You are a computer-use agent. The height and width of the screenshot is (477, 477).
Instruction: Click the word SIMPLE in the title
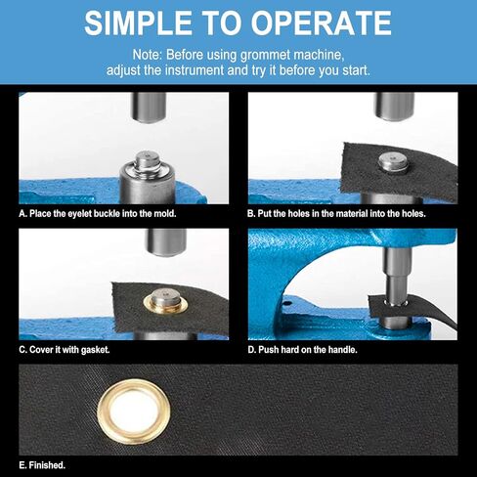[x=138, y=22]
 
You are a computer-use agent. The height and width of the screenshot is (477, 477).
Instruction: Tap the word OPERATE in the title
[x=321, y=22]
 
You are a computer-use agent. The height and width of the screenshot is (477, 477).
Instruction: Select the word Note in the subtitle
[x=147, y=55]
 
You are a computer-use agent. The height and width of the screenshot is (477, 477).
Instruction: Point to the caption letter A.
[x=22, y=214]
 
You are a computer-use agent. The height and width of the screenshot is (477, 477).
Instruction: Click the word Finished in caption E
[x=47, y=465]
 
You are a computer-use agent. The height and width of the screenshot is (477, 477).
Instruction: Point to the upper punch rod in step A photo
[x=149, y=108]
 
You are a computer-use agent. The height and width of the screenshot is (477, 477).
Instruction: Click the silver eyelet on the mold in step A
[x=148, y=161]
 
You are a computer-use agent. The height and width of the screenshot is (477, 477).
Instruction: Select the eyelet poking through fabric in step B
[x=393, y=164]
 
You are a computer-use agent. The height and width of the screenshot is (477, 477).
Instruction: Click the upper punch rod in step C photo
[x=166, y=242]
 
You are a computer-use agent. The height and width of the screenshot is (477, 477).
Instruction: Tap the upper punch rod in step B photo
[x=395, y=107]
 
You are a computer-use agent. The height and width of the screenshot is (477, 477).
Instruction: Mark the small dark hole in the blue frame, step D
[x=287, y=304]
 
